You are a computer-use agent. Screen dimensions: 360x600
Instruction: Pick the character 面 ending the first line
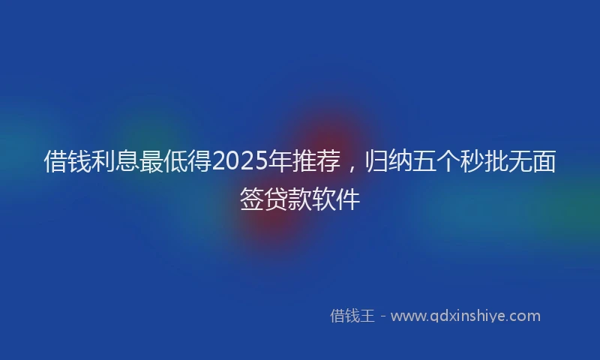544,160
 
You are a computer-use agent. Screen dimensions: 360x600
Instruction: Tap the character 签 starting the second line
252,198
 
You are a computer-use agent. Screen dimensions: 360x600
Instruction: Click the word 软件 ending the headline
336,198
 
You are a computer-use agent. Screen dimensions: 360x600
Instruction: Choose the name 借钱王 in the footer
352,316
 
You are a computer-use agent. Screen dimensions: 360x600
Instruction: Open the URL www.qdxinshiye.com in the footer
466,316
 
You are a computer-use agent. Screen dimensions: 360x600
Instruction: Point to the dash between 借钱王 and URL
382,316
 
